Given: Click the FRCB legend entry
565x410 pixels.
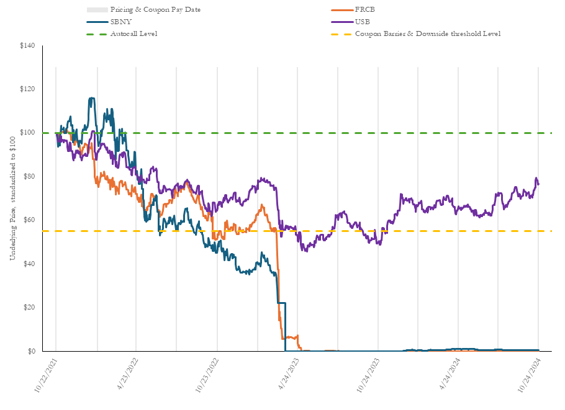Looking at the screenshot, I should [x=364, y=10].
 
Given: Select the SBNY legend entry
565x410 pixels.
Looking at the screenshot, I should [x=120, y=22].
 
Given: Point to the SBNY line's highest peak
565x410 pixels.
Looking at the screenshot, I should [x=92, y=98].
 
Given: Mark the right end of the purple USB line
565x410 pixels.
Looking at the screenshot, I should [x=538, y=184].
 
